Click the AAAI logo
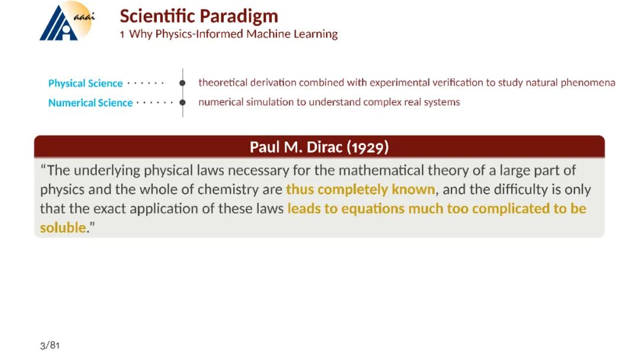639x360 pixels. click(x=67, y=21)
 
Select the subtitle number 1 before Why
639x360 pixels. click(x=122, y=34)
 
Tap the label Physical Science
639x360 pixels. click(x=85, y=83)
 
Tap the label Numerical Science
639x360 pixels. click(x=91, y=103)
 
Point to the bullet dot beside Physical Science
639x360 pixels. click(x=183, y=83)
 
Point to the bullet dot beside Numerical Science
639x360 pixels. click(x=183, y=102)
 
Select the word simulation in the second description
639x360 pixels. click(x=270, y=102)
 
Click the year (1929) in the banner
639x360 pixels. click(x=367, y=147)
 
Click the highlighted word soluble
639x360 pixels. click(x=63, y=227)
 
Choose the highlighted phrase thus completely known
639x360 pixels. click(x=360, y=189)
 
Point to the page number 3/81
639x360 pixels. click(x=50, y=345)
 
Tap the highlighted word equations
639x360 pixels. click(x=373, y=209)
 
